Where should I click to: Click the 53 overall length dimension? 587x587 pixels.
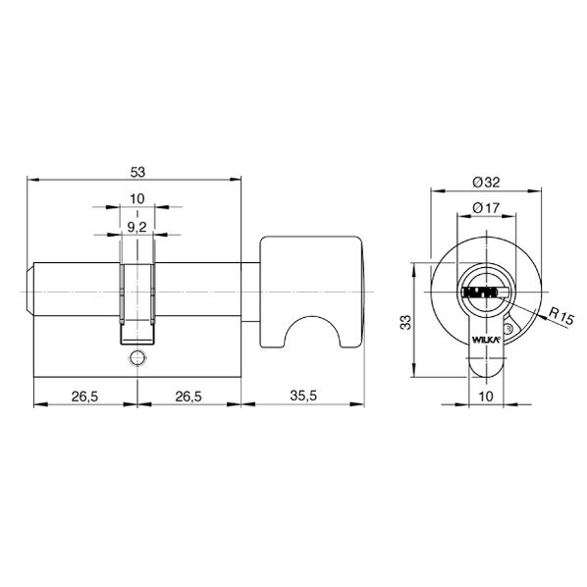pyautogui.click(x=137, y=173)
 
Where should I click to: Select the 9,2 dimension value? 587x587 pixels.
pyautogui.click(x=136, y=227)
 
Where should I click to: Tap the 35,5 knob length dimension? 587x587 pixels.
pyautogui.click(x=303, y=396)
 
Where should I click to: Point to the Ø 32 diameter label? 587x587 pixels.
pyautogui.click(x=486, y=183)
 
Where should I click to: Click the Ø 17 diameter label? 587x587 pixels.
pyautogui.click(x=486, y=207)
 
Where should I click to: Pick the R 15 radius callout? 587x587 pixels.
pyautogui.click(x=560, y=315)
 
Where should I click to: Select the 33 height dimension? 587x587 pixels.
pyautogui.click(x=405, y=322)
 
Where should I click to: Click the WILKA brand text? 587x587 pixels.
pyautogui.click(x=486, y=340)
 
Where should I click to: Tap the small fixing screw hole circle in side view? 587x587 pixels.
pyautogui.click(x=137, y=357)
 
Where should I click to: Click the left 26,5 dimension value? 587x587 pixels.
pyautogui.click(x=85, y=396)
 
